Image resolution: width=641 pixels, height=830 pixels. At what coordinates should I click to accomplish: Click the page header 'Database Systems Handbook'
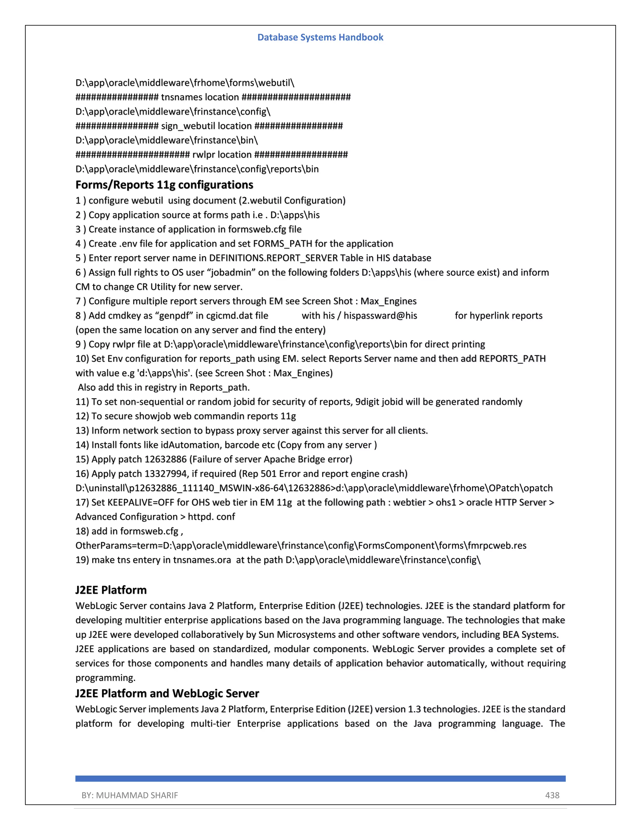pyautogui.click(x=320, y=37)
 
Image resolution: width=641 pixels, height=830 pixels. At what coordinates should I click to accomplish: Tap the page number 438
pyautogui.click(x=552, y=795)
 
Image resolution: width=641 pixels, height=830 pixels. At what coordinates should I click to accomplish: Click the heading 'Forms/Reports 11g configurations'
pyautogui.click(x=164, y=185)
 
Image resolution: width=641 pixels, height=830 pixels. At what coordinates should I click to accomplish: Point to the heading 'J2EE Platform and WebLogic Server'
pyautogui.click(x=167, y=693)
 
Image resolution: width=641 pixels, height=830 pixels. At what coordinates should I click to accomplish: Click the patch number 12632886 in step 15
pyautogui.click(x=166, y=459)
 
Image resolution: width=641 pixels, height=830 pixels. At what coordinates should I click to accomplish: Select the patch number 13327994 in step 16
pyautogui.click(x=166, y=474)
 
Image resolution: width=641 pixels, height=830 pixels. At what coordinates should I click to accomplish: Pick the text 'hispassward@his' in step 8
pyautogui.click(x=380, y=316)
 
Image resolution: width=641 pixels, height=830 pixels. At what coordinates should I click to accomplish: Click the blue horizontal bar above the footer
pyautogui.click(x=320, y=778)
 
